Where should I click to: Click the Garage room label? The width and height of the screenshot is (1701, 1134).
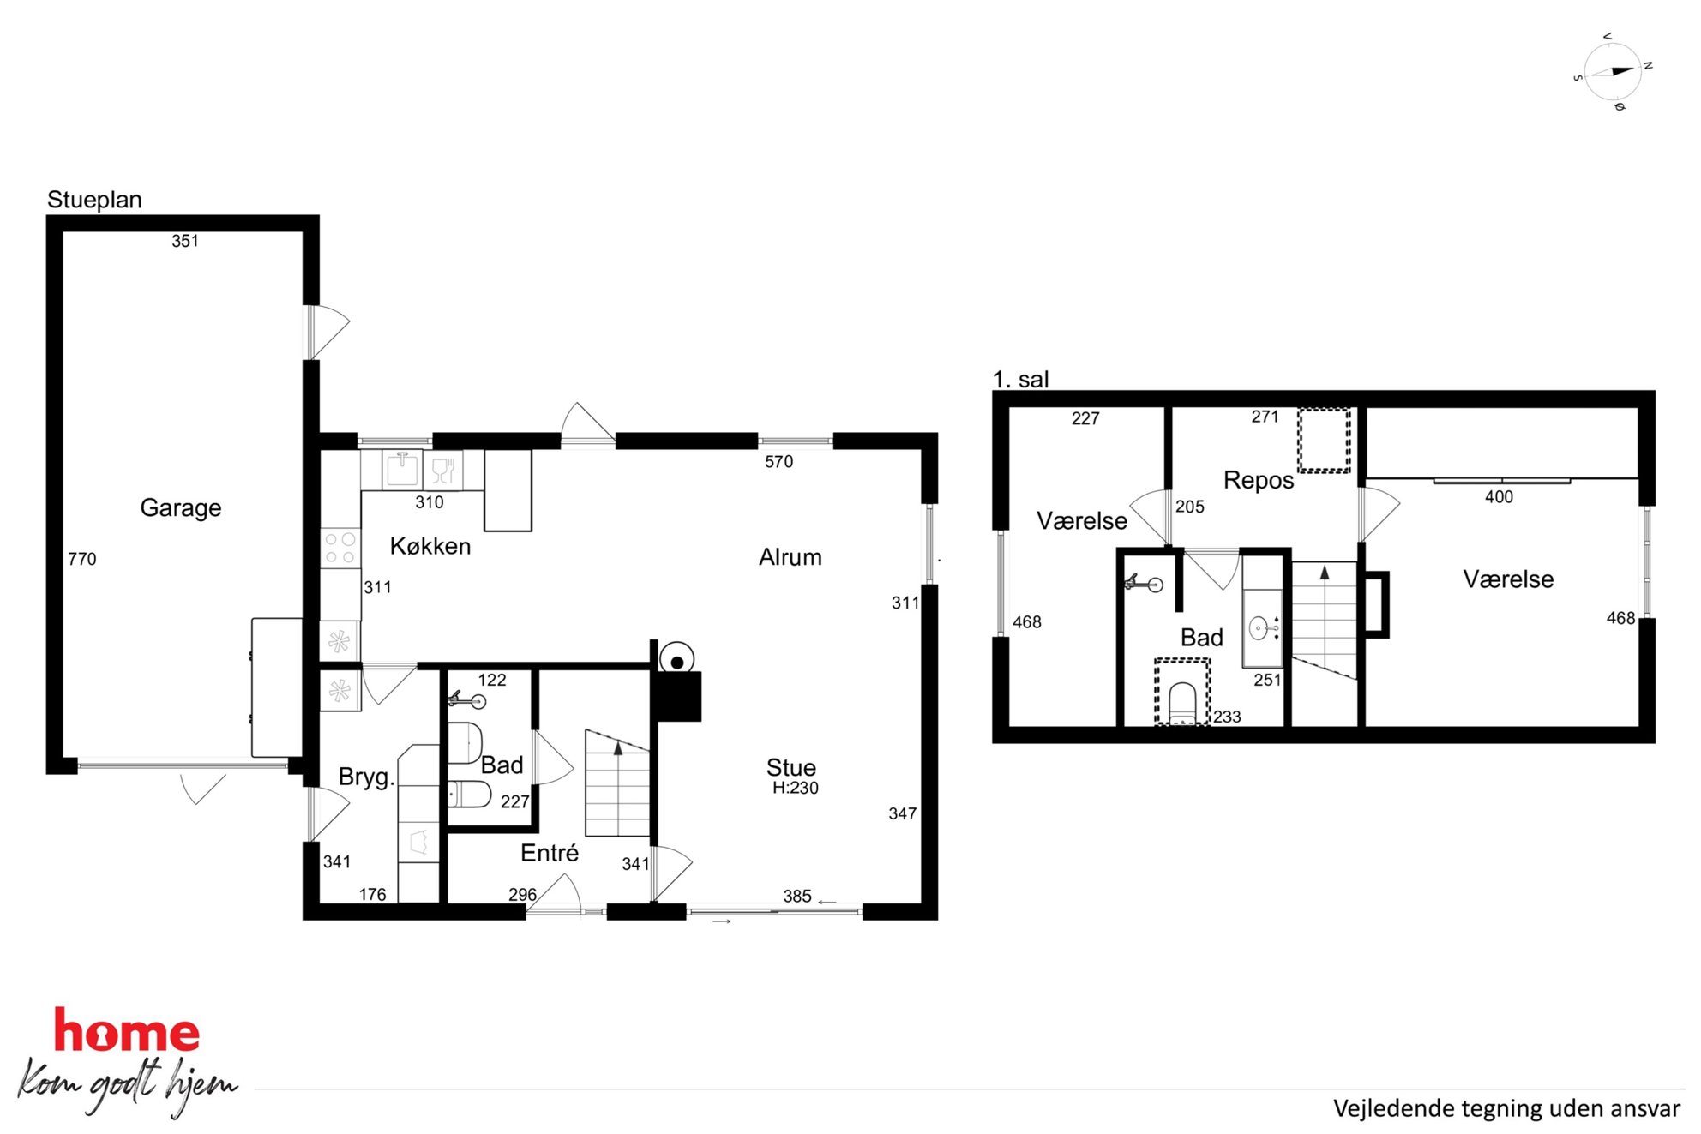(181, 508)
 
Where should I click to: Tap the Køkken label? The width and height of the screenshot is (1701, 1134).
(430, 546)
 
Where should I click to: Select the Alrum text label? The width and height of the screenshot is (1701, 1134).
(790, 557)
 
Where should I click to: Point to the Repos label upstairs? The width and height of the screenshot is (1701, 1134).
(1259, 481)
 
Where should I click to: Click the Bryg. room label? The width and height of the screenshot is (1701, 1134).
(366, 777)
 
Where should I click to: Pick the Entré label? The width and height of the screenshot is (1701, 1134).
(550, 853)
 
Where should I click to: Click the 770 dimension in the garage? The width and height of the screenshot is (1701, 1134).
(82, 559)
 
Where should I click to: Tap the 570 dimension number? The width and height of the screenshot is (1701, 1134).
(778, 462)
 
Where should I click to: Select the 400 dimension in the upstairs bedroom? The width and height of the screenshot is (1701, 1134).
(1499, 497)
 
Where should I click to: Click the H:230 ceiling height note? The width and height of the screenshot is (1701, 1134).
(796, 788)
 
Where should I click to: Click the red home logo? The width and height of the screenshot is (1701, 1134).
(127, 1030)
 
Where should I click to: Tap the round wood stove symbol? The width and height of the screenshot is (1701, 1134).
(676, 661)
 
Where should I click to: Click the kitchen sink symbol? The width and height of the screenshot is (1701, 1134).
(402, 470)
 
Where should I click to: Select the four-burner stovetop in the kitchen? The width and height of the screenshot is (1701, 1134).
(340, 549)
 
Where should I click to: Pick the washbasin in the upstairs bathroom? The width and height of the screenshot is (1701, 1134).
(1263, 628)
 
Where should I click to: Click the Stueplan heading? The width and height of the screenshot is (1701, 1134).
(94, 200)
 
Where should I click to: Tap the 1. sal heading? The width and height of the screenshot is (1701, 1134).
(1020, 379)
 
